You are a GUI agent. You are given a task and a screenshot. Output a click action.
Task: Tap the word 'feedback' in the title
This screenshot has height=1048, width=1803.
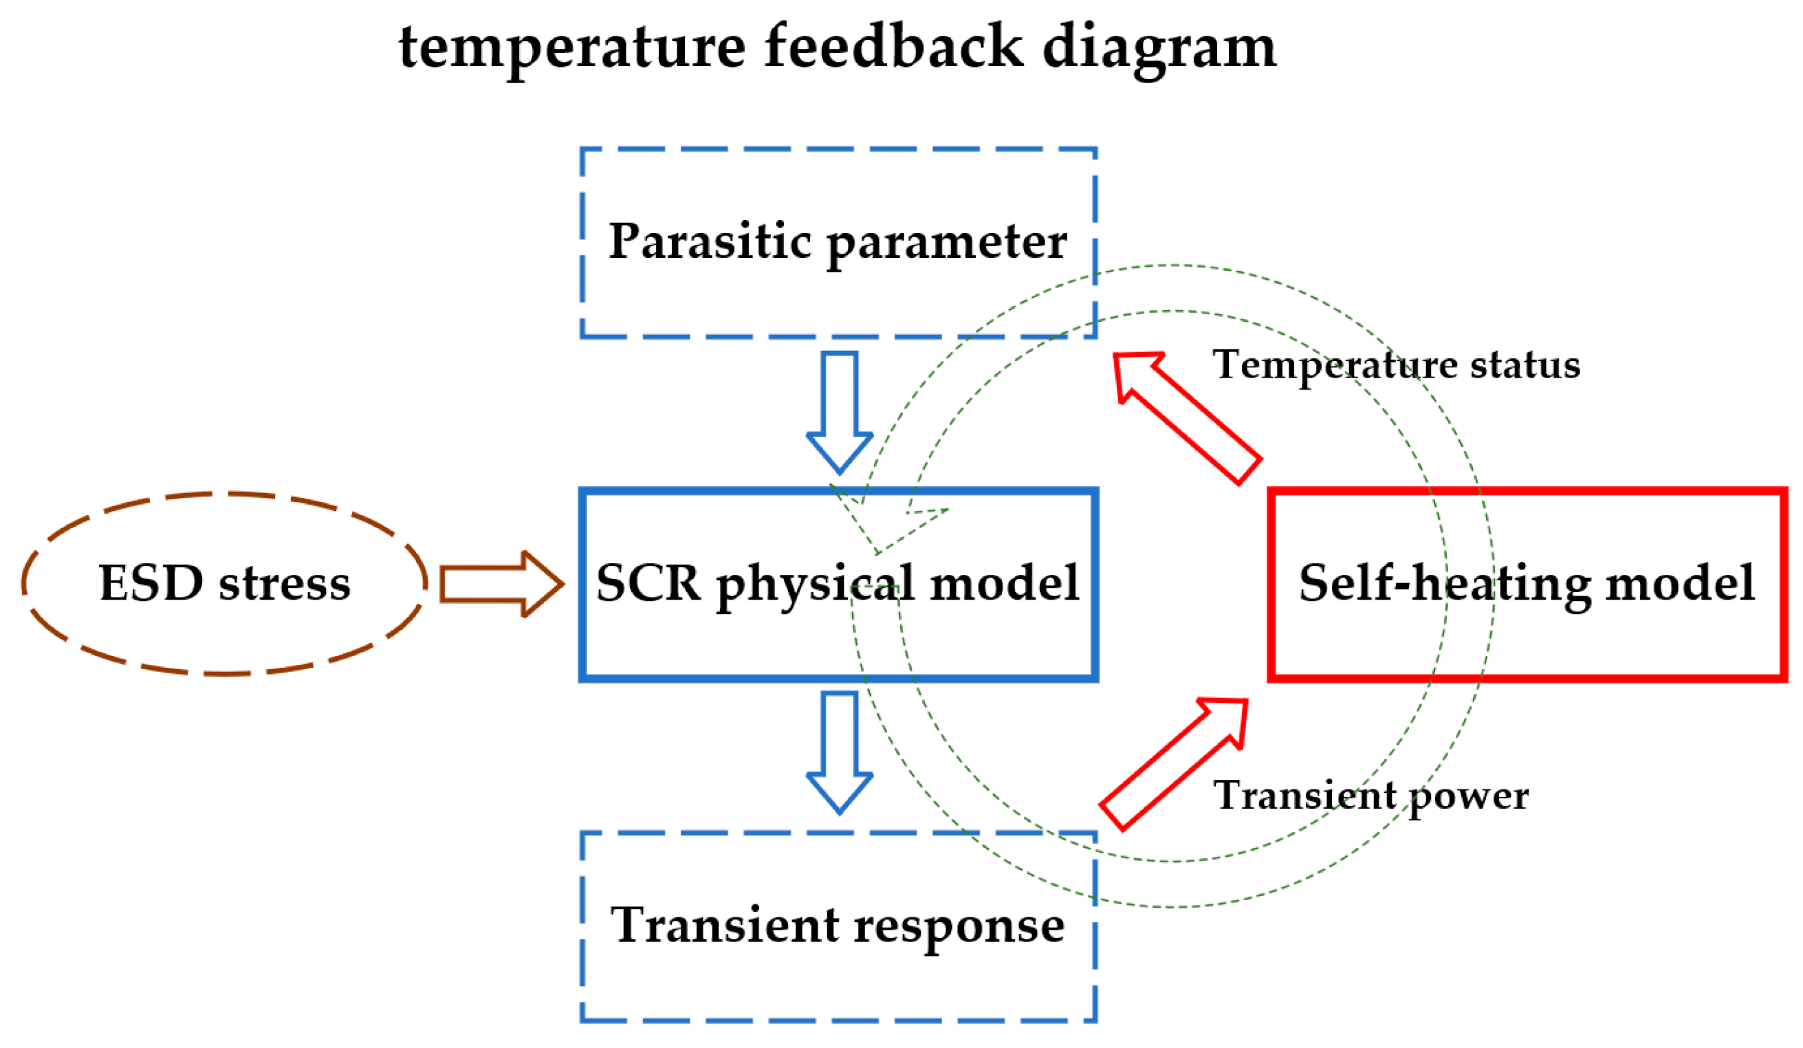click(894, 46)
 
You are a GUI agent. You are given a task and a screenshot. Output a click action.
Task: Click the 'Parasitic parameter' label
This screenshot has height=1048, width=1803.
click(837, 242)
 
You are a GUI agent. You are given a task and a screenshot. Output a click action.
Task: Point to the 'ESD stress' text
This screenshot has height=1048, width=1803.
click(225, 583)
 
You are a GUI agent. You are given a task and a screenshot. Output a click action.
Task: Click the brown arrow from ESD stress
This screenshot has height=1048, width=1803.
click(500, 584)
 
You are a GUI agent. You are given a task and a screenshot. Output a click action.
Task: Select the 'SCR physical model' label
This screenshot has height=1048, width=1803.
click(837, 583)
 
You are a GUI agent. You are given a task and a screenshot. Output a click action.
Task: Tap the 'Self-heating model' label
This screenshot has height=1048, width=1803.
click(1526, 583)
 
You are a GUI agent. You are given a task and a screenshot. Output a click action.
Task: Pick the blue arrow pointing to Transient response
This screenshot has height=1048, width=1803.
click(839, 751)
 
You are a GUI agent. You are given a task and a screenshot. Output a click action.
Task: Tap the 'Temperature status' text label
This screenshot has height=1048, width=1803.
click(1396, 366)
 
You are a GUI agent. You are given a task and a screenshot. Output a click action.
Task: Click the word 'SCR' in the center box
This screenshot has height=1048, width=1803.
click(648, 583)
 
